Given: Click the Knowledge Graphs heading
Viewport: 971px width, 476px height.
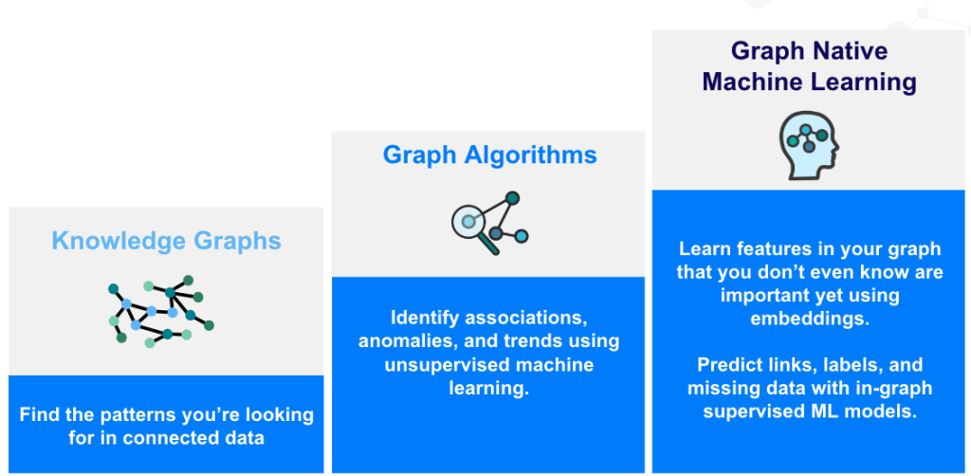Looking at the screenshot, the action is (x=167, y=241).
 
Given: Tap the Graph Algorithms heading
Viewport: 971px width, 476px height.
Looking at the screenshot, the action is (x=490, y=155).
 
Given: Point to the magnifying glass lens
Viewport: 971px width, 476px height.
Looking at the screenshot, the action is (x=467, y=221).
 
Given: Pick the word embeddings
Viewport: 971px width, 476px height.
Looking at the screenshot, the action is (x=810, y=319).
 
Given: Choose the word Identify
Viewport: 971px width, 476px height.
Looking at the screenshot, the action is (x=424, y=319).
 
